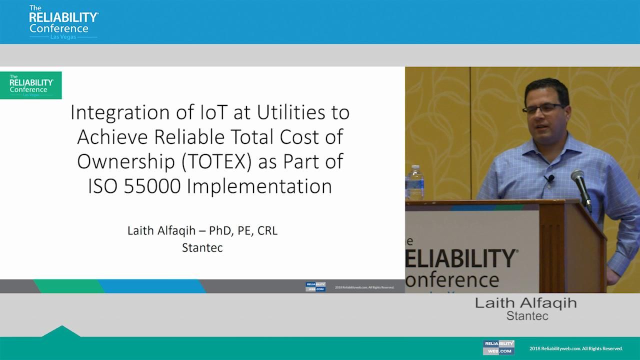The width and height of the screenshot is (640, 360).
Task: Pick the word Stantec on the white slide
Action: [x=202, y=247]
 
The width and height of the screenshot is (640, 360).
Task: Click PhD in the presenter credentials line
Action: [x=222, y=231]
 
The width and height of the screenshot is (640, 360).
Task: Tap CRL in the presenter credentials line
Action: [x=267, y=231]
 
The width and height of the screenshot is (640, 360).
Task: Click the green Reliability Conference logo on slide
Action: [x=31, y=85]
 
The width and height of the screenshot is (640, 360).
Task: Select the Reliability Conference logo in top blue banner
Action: [x=63, y=22]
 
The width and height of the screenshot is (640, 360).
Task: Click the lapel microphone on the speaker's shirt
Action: [x=549, y=178]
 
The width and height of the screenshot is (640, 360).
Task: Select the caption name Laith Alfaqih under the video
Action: [x=525, y=303]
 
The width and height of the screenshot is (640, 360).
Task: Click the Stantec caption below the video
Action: [x=527, y=316]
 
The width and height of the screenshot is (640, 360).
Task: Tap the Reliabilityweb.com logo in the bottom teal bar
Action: [x=498, y=347]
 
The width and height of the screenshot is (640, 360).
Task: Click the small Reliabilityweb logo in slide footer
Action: [x=315, y=286]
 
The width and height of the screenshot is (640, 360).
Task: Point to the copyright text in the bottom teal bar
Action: [x=576, y=348]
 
